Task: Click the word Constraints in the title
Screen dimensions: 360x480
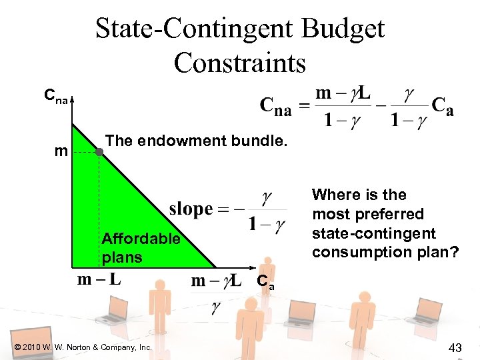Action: tap(239, 63)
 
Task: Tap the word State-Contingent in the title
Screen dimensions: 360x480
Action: tap(193, 29)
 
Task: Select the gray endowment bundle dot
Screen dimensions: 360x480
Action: tap(99, 152)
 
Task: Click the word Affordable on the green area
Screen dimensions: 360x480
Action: tap(141, 238)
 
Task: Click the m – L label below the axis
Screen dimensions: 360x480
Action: tap(99, 279)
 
